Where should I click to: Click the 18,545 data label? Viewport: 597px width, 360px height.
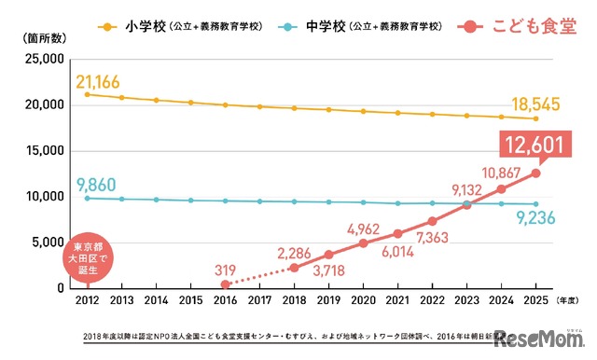(x=535, y=103)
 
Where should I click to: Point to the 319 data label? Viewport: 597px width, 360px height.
(x=224, y=268)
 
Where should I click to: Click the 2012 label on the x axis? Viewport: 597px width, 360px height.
(x=87, y=301)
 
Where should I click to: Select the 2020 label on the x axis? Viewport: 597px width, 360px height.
(x=363, y=301)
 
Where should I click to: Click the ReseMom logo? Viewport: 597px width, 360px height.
(x=543, y=339)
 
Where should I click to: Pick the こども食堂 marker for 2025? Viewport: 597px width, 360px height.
(x=535, y=173)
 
